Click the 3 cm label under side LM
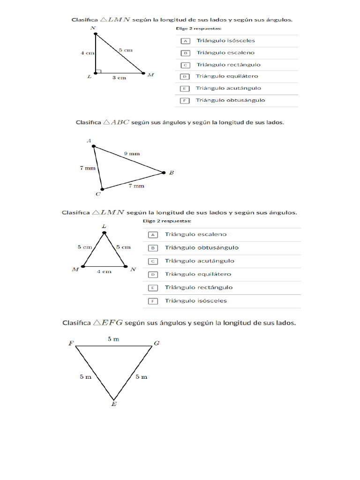coord(119,78)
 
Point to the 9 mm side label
coord(132,153)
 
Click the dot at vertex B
coord(164,172)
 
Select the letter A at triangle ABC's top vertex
coord(89,140)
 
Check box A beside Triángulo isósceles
coord(185,41)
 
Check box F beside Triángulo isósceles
coord(153,301)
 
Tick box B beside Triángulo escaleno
coord(185,53)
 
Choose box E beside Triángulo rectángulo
coord(153,288)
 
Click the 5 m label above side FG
coord(113,339)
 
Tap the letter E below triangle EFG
coord(114,404)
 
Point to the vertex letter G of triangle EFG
coord(157,344)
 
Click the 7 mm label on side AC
coord(88,168)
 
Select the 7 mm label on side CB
coord(136,186)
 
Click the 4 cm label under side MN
coord(104,272)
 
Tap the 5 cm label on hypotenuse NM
coord(126,50)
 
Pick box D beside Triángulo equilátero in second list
coord(153,275)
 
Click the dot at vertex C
coord(102,189)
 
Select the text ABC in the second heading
coord(120,122)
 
